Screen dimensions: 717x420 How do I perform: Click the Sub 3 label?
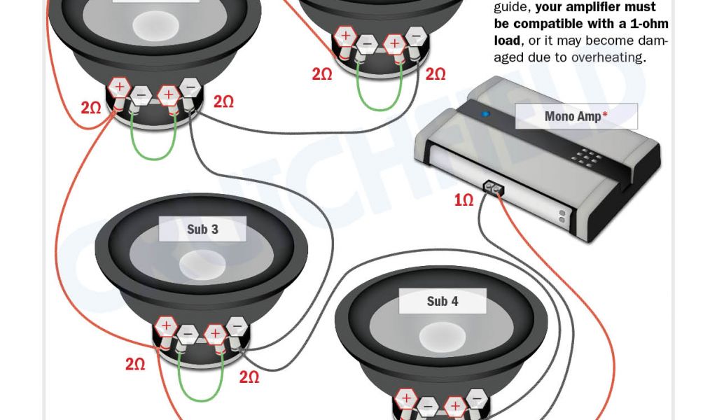click(202, 229)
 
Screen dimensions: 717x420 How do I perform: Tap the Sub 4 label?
click(443, 301)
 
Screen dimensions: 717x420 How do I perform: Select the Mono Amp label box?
click(576, 116)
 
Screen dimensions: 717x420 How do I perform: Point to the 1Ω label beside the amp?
click(464, 199)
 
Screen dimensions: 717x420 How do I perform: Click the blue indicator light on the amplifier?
click(486, 114)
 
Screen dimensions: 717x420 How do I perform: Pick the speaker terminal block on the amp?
click(494, 188)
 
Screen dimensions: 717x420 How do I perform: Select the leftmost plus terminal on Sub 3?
click(166, 326)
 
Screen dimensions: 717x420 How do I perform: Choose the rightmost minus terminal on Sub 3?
click(237, 327)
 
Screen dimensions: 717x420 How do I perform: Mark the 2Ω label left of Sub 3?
click(135, 364)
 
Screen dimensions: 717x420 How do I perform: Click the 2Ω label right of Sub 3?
click(249, 377)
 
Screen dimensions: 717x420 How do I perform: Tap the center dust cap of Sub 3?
click(202, 265)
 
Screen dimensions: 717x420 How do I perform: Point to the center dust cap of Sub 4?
click(443, 337)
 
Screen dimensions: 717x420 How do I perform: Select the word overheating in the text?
click(607, 57)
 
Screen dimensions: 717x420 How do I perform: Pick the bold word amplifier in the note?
click(604, 7)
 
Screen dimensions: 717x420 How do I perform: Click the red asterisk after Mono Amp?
click(605, 113)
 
